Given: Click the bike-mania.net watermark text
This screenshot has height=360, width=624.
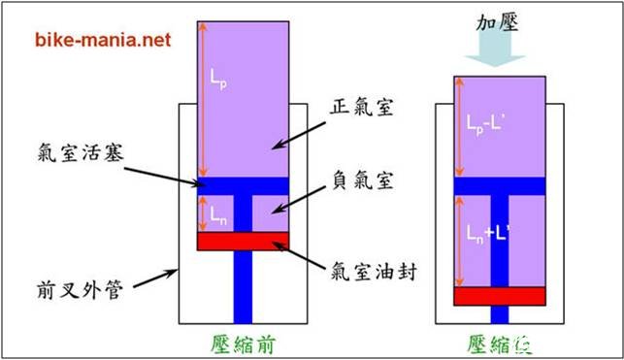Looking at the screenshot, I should click(x=103, y=41).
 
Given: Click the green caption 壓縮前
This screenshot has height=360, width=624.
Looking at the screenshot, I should click(x=245, y=343).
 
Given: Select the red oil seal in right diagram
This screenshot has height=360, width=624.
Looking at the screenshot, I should click(x=500, y=295).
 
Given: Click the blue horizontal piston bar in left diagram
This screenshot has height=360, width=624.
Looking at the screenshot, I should click(x=243, y=184).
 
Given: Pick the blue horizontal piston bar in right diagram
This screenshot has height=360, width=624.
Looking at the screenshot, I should click(x=500, y=185).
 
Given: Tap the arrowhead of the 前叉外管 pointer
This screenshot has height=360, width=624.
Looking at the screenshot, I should click(x=176, y=271).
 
